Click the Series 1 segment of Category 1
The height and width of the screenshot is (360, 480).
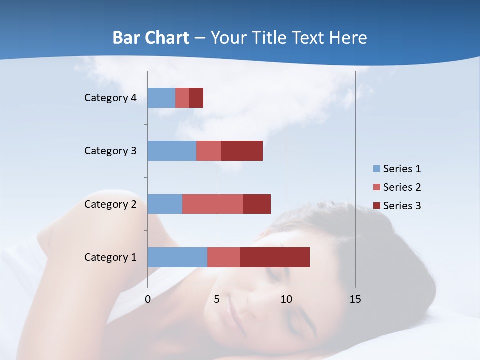(177, 257)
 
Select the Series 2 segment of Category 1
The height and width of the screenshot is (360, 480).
(224, 257)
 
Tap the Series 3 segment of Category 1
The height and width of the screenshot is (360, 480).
(275, 257)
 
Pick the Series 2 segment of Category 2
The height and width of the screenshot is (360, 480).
(213, 204)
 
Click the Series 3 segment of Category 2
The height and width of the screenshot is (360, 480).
(257, 204)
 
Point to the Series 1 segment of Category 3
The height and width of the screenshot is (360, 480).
(172, 151)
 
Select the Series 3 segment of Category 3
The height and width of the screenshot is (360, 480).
(242, 151)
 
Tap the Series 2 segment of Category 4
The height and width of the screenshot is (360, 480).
(182, 98)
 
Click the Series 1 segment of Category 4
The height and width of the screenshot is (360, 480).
(161, 98)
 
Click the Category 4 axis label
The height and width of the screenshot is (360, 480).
(110, 98)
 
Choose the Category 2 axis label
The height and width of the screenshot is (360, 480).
(110, 204)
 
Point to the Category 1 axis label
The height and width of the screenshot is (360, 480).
(110, 257)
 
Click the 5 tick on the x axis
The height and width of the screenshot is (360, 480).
(217, 299)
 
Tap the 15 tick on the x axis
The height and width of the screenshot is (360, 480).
(355, 299)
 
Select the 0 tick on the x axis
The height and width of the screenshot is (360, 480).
(148, 299)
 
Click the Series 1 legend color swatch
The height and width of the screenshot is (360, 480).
(377, 169)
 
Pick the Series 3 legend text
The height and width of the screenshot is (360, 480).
(402, 205)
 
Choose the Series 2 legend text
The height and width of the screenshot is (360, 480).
(402, 187)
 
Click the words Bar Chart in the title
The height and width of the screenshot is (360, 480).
(151, 37)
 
